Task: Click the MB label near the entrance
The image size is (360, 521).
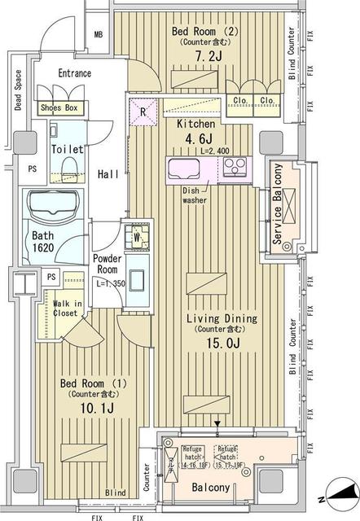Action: coord(99,35)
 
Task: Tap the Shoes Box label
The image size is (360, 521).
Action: coord(59,107)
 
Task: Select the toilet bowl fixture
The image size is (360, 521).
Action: coord(68,164)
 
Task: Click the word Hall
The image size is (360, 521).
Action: coord(108,173)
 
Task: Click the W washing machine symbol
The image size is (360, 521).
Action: coord(137,239)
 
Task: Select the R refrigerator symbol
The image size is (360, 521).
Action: coord(143,112)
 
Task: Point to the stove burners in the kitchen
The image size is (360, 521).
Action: coord(237,169)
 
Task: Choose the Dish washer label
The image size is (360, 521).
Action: coord(194,194)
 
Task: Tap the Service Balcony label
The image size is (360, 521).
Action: coord(278,205)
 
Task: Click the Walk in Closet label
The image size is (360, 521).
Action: coord(65,307)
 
